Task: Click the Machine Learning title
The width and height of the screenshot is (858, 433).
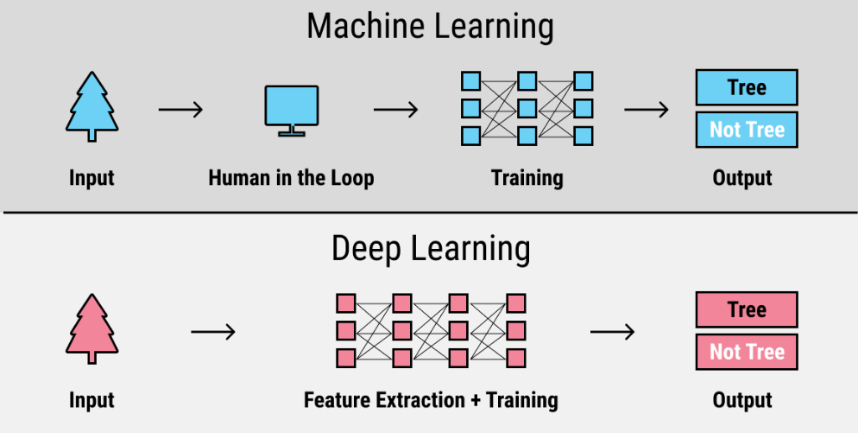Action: click(429, 27)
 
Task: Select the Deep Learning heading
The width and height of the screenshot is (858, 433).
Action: click(429, 250)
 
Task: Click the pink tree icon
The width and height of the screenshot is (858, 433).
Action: click(91, 329)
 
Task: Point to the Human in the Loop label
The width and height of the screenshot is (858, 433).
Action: click(291, 179)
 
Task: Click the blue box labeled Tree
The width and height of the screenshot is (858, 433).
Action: click(746, 87)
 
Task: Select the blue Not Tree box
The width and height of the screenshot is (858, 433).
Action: click(746, 130)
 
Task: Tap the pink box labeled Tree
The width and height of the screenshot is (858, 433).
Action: click(746, 309)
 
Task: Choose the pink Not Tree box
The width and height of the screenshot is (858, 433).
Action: click(746, 352)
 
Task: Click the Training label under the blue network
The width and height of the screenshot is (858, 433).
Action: click(527, 179)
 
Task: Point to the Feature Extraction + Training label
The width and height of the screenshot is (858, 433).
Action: click(431, 401)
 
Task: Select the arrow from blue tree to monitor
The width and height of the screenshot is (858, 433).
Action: click(180, 110)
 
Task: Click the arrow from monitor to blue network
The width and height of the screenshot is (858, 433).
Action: click(395, 110)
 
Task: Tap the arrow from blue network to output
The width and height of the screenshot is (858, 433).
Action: click(647, 110)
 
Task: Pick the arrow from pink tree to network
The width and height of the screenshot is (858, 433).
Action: click(213, 331)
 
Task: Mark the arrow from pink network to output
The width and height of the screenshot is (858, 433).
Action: click(613, 331)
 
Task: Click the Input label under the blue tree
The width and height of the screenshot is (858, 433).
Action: click(91, 179)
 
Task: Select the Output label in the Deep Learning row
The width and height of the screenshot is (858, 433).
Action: click(742, 401)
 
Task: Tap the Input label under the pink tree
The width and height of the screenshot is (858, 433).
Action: click(91, 401)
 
